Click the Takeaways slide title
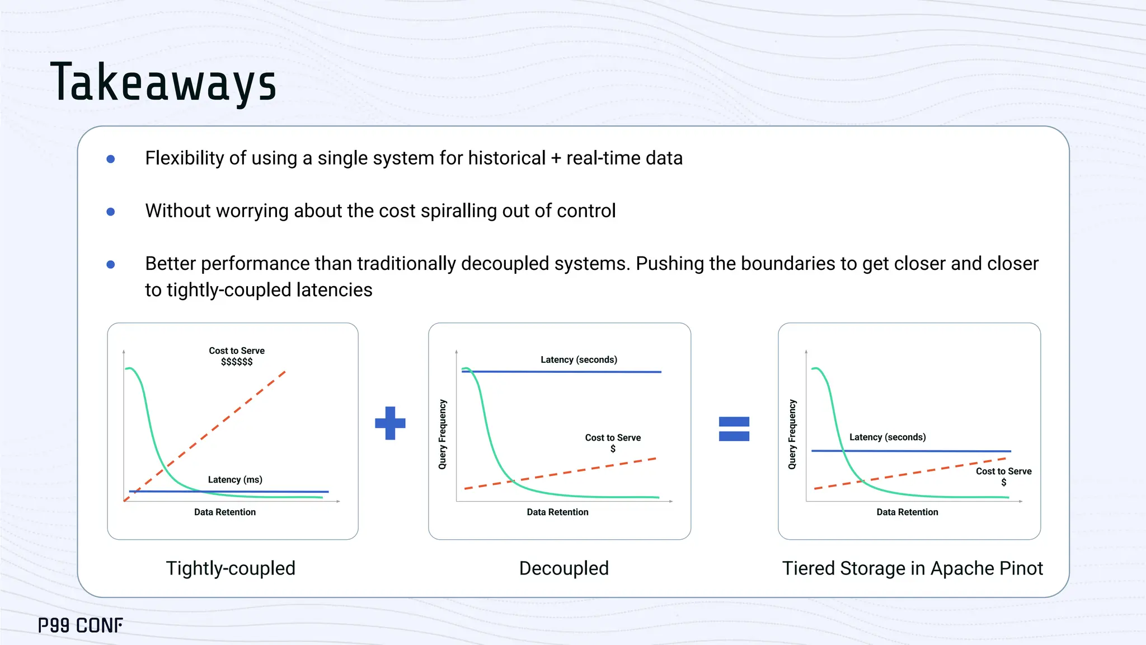[163, 83]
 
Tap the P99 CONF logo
[81, 625]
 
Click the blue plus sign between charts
[390, 423]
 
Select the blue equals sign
[734, 429]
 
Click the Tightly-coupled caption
[231, 568]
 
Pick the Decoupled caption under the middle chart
[563, 568]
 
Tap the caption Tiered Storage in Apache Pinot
[912, 568]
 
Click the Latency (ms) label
[235, 480]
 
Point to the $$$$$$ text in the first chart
[237, 362]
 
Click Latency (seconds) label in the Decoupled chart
[579, 359]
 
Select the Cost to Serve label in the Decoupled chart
[613, 438]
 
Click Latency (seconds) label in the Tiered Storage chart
[887, 437]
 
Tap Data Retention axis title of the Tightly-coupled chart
[225, 512]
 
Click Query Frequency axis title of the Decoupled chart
[443, 434]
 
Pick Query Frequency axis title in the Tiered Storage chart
[792, 434]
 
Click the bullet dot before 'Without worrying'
[111, 212]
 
